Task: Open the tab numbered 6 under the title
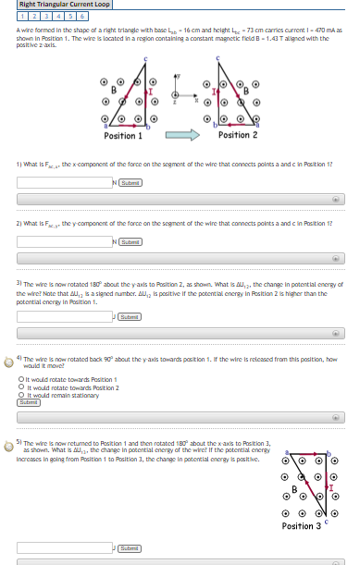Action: (x=81, y=16)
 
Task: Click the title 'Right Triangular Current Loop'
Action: (x=65, y=5)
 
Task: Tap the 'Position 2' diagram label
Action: (x=238, y=135)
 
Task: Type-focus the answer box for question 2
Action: (x=63, y=241)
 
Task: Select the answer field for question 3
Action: (x=63, y=316)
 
